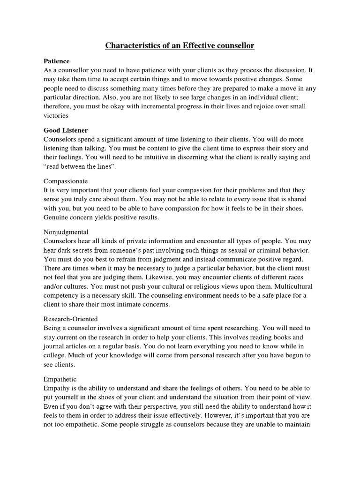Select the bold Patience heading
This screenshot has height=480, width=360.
pyautogui.click(x=57, y=61)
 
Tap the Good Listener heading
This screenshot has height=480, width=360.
pyautogui.click(x=66, y=130)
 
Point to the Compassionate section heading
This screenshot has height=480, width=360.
pyautogui.click(x=66, y=181)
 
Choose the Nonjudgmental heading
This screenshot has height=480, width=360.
pyautogui.click(x=66, y=232)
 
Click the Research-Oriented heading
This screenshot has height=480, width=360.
pyautogui.click(x=71, y=319)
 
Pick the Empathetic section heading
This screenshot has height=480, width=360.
pyautogui.click(x=60, y=379)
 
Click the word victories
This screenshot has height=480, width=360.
pyautogui.click(x=56, y=115)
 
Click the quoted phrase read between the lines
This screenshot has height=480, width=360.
pyautogui.click(x=79, y=166)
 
